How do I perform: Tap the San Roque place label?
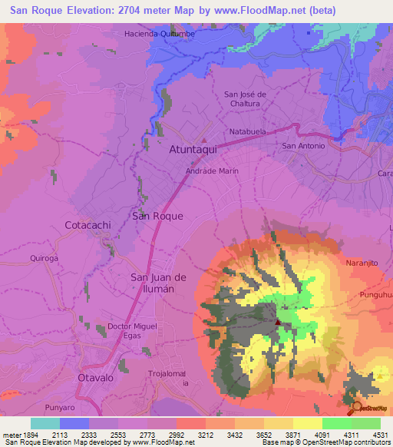157,216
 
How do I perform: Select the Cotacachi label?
90,224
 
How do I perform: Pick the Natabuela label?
248,131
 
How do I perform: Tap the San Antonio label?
305,145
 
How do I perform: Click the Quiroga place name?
44,259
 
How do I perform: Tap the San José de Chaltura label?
245,99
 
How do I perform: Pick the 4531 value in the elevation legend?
381,433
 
